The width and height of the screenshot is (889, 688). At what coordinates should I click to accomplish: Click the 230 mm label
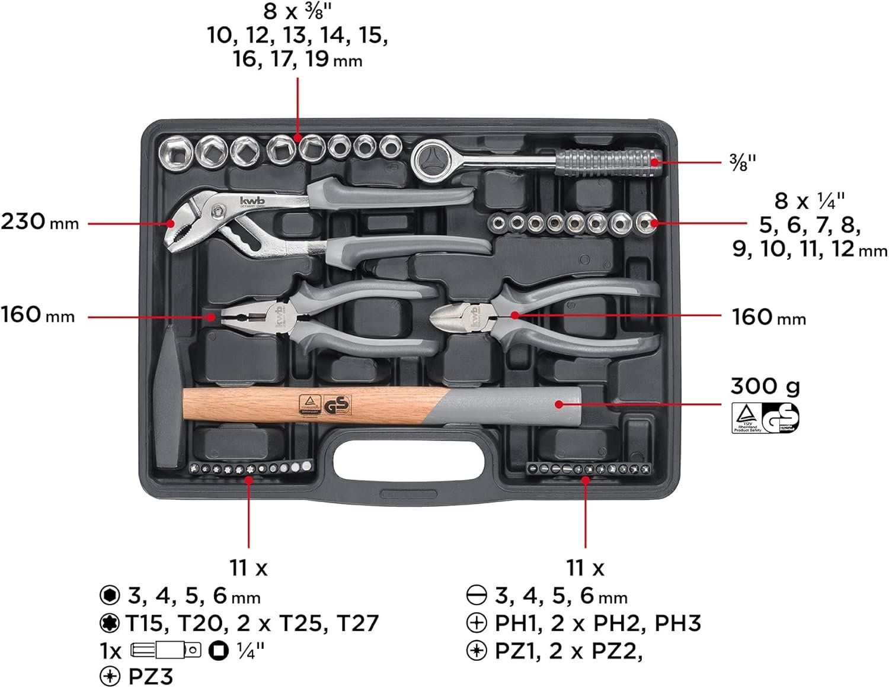point(39,222)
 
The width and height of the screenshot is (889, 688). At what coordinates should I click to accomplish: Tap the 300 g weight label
point(765,386)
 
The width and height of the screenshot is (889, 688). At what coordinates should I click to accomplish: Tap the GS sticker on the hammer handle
point(338,406)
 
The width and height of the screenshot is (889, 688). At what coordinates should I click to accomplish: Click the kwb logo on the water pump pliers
point(252,201)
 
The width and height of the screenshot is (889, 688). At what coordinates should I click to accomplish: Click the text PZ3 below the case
point(151,677)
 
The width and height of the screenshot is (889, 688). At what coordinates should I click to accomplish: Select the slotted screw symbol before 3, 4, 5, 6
point(477,595)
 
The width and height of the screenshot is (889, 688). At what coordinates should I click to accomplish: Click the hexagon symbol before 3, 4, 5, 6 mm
point(110,595)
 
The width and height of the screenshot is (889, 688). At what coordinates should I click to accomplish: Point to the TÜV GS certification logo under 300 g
point(765,417)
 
